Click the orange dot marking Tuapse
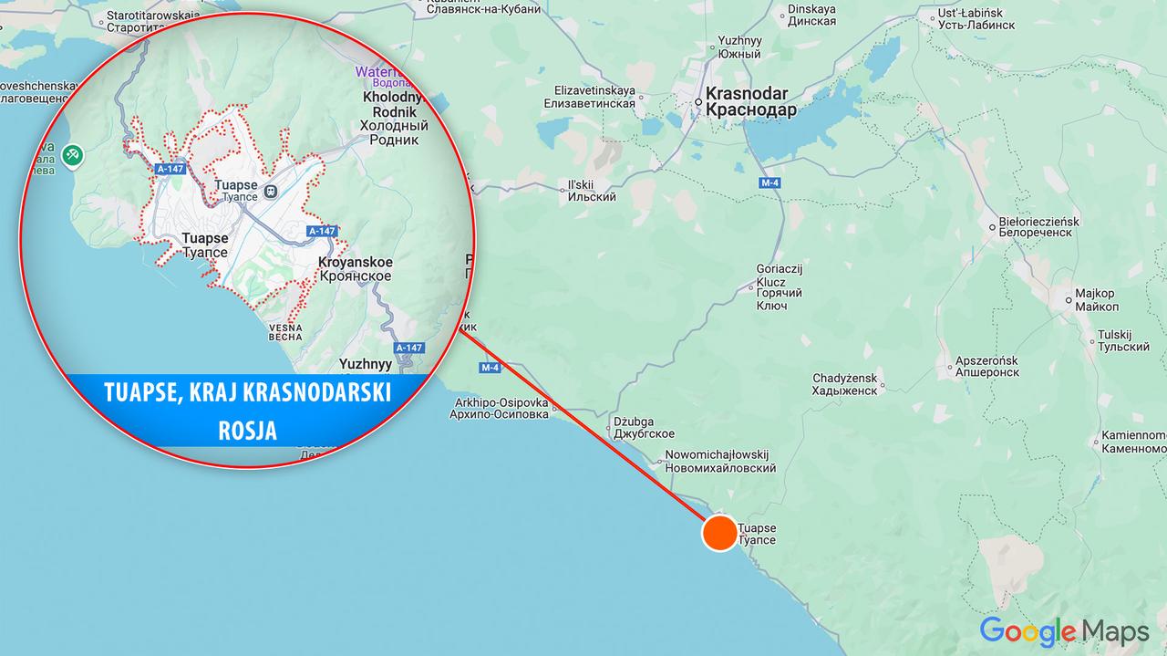pos(719,533)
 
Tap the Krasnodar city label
pos(750,101)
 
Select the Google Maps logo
pos(1064,631)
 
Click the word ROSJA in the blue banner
pos(247,431)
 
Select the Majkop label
pos(1095,300)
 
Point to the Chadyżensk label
pos(844,384)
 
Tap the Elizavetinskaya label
pos(594,97)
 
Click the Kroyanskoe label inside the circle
pos(355,269)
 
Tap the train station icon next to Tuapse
pos(270,191)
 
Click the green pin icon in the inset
pos(73,156)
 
